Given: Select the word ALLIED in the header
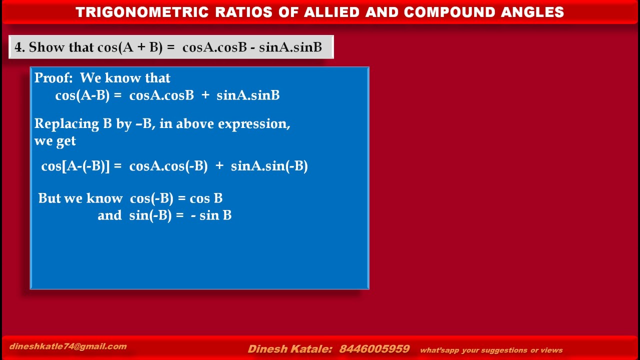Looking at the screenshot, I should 329,12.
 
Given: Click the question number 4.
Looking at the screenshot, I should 19,47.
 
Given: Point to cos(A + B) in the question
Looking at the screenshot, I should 130,47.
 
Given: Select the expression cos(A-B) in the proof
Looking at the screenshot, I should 82,95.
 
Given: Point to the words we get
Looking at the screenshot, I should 55,141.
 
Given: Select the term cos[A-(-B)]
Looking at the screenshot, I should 75,166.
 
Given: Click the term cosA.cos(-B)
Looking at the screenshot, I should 168,166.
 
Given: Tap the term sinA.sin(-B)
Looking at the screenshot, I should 269,166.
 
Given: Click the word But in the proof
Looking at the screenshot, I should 49,198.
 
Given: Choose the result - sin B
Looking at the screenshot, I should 211,215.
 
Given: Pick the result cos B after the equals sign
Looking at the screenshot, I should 206,198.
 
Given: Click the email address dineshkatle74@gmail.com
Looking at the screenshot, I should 68,346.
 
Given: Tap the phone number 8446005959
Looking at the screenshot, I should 374,349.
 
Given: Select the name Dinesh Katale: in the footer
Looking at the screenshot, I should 290,349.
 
